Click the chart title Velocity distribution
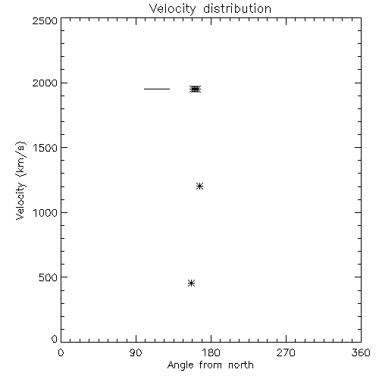click(x=210, y=8)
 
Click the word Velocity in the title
click(x=172, y=9)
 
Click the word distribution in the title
click(x=237, y=8)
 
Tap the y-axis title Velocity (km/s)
click(x=20, y=180)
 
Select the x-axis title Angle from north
click(x=210, y=365)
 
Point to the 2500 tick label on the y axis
click(x=45, y=20)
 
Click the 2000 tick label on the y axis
click(x=45, y=83)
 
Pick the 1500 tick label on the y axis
click(x=45, y=148)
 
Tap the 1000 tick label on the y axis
click(x=45, y=212)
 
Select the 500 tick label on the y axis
click(x=49, y=277)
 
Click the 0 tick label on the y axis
click(x=55, y=339)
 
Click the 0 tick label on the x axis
click(x=61, y=352)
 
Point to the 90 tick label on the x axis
click(x=136, y=352)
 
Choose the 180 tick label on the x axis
click(x=211, y=352)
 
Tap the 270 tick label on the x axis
click(x=286, y=352)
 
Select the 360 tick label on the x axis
click(x=361, y=352)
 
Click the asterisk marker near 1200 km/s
click(x=199, y=186)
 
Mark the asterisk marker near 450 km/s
click(x=192, y=283)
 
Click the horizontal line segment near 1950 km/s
click(x=157, y=89)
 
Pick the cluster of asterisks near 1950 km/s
click(x=196, y=89)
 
